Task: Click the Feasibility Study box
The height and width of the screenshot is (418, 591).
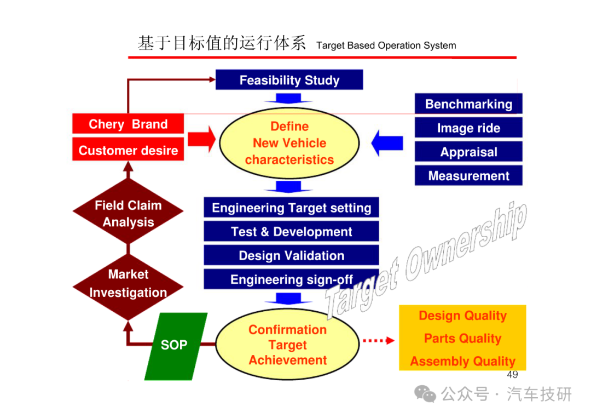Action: (289, 79)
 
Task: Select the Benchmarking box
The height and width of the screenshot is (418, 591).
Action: (468, 104)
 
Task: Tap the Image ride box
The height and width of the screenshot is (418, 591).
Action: (468, 128)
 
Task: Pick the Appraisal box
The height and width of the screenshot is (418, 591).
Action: (468, 152)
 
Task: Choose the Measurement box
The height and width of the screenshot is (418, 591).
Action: (468, 175)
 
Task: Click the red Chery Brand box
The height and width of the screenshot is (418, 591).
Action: (128, 124)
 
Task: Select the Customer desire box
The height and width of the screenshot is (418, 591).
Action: (128, 150)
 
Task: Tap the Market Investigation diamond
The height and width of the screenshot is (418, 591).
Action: (128, 287)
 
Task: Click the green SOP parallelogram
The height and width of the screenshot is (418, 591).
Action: (176, 346)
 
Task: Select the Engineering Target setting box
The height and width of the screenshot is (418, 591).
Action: (291, 208)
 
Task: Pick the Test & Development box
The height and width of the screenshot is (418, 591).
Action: (291, 231)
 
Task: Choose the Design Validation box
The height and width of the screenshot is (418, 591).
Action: (291, 255)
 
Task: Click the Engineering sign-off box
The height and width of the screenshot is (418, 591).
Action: (291, 279)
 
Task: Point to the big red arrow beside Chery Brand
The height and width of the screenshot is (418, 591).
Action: (201, 139)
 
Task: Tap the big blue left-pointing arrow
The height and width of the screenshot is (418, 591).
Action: (387, 143)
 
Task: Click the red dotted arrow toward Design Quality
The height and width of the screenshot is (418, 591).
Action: (379, 341)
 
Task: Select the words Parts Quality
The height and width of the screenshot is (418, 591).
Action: (462, 339)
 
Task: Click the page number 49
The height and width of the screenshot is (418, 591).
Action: (512, 375)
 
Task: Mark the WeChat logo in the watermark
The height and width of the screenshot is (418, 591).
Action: (425, 394)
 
